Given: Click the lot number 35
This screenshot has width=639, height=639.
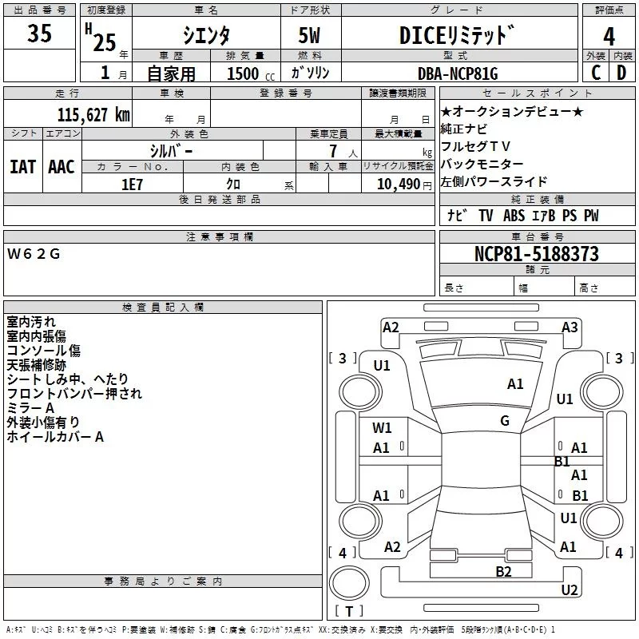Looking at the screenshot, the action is [x=39, y=34].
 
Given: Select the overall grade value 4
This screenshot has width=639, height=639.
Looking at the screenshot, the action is [x=609, y=37].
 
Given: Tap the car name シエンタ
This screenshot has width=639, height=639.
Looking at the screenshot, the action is [x=206, y=36].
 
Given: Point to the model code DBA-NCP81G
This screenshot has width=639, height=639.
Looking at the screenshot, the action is [x=458, y=73].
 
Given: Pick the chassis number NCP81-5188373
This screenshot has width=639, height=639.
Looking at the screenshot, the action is [x=536, y=254].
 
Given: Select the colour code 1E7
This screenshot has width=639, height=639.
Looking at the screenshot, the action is [x=132, y=184].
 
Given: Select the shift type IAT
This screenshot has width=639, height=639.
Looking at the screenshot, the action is [x=22, y=166].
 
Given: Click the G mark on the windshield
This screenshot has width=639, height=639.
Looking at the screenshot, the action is [x=505, y=421].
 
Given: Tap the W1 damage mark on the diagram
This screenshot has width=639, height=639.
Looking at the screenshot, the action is [x=382, y=428].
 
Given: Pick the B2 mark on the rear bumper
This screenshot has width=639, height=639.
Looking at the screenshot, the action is [x=503, y=571].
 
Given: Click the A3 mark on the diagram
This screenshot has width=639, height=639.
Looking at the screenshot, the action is [x=570, y=327].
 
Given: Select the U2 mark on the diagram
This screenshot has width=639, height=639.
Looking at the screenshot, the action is [x=570, y=590].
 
